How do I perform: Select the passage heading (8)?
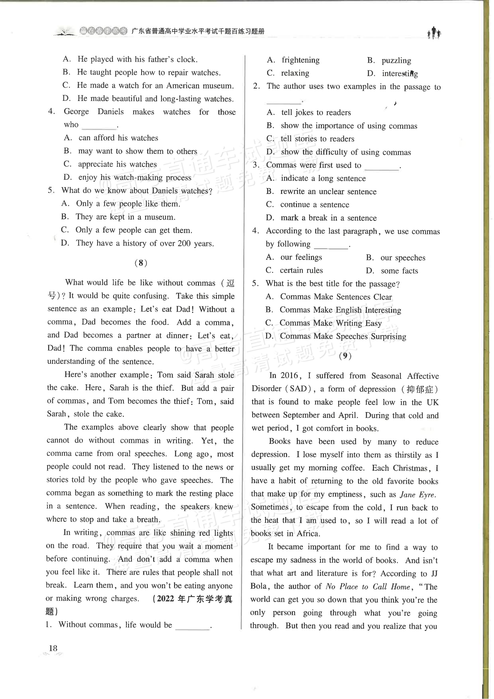[x=141, y=263]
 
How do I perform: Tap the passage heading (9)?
[x=345, y=356]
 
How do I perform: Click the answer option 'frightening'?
[x=300, y=60]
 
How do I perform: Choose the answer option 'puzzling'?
[x=396, y=61]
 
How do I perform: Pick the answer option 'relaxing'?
[x=295, y=73]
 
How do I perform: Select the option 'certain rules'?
[x=301, y=270]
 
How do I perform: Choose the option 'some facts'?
[x=399, y=271]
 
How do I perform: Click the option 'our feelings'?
[x=301, y=257]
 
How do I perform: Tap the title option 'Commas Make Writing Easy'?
[x=330, y=323]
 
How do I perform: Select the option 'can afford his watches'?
[x=118, y=138]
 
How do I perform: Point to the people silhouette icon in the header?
[x=434, y=33]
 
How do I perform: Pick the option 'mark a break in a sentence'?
[x=328, y=218]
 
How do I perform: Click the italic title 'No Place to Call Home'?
[x=368, y=587]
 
